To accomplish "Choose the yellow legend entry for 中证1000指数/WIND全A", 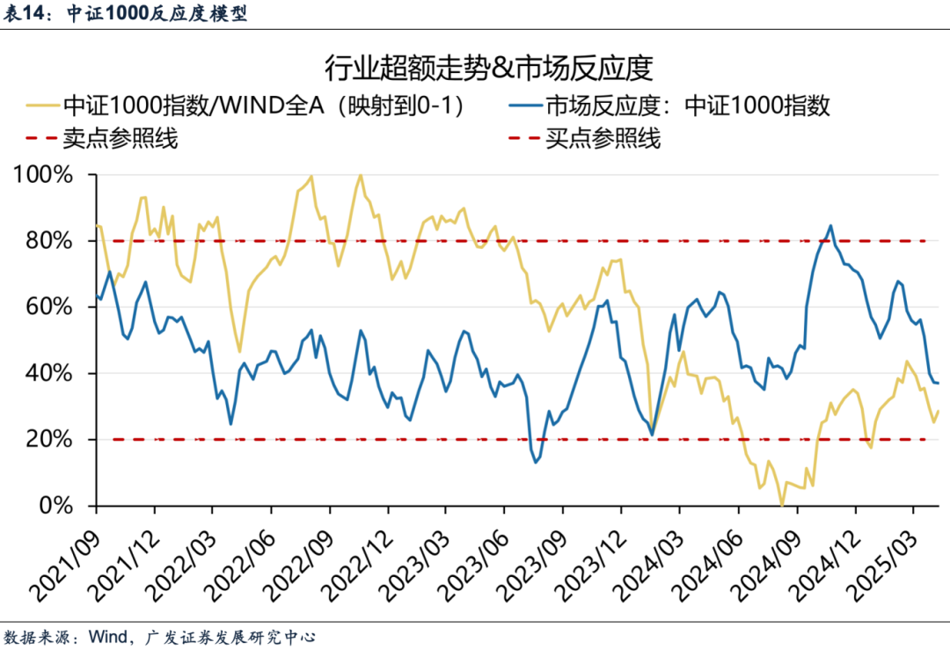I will click(263, 106).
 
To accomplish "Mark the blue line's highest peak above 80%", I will click(830, 225).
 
